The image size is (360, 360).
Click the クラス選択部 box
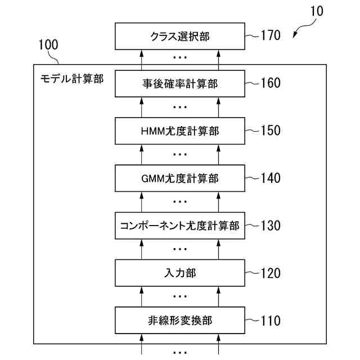180,37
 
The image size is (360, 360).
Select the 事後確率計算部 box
180,84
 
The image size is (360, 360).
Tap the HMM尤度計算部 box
180,131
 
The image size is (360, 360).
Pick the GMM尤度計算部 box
180,179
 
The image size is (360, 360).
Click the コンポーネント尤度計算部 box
180,226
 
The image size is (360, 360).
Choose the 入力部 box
180,273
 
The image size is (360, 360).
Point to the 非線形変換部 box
180,321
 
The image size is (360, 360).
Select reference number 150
270,131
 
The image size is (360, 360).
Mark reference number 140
270,179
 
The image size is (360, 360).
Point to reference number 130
270,226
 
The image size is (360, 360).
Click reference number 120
270,273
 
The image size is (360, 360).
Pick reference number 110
270,321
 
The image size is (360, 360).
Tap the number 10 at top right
317,11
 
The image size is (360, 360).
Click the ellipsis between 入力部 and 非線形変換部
180,296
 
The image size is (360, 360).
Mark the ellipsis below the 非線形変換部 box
180,352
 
